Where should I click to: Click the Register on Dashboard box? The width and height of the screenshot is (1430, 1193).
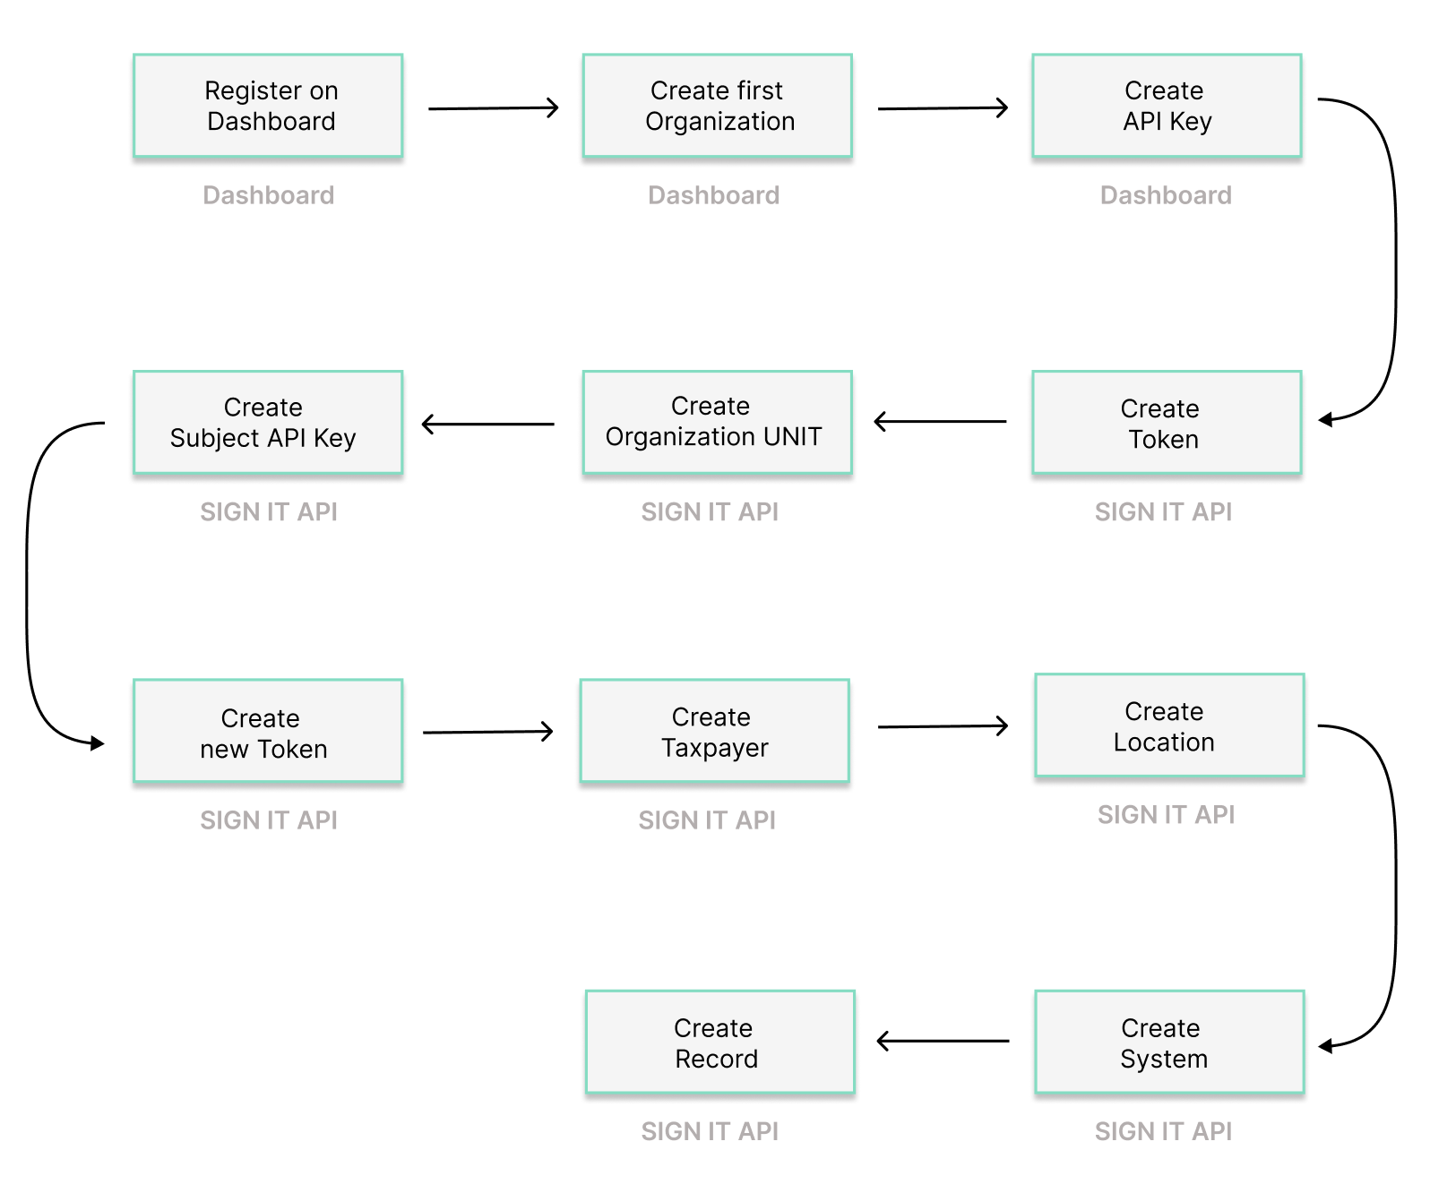pos(268,106)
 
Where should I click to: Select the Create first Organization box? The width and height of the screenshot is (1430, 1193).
pos(717,106)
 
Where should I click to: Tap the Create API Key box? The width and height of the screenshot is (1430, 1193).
pos(1167,106)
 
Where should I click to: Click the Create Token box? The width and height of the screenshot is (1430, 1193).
pos(1167,423)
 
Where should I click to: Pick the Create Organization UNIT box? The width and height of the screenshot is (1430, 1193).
pos(717,422)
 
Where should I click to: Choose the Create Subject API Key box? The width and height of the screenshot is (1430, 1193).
pos(268,422)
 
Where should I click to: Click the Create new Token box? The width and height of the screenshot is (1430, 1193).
pos(268,731)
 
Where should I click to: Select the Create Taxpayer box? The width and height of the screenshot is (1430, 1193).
pos(714,731)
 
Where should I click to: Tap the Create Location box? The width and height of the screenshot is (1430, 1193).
pos(1169,725)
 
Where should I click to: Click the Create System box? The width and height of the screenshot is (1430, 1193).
pos(1169,1042)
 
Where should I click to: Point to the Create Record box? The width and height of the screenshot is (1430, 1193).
pos(719,1042)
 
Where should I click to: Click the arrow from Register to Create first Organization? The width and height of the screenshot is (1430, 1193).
pos(493,108)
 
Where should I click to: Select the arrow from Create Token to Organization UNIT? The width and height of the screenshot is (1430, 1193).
pos(940,421)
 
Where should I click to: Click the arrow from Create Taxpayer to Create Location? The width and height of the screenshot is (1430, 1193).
pos(943,726)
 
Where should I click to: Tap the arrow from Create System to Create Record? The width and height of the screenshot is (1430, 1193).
pos(943,1041)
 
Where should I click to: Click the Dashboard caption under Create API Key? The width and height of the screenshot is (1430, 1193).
pos(1166,195)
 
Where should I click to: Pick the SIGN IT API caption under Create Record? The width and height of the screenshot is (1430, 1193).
pos(710,1131)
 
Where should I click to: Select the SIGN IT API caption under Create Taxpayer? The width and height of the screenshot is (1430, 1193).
pos(707,820)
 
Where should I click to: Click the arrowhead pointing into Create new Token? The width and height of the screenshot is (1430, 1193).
pos(97,742)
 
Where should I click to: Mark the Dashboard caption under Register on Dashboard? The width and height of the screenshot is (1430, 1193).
pos(268,195)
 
